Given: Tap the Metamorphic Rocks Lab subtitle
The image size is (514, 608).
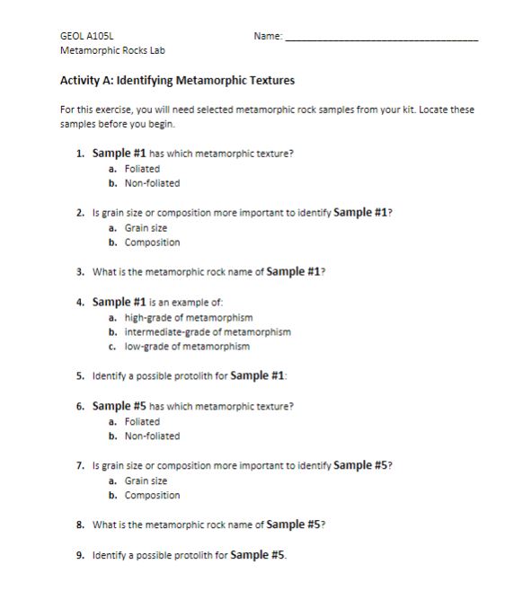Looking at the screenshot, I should point(112,50).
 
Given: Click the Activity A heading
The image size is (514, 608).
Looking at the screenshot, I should point(177,81).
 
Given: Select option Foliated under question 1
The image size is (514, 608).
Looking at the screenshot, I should point(142,168).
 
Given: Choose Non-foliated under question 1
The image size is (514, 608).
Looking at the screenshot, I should point(152,183).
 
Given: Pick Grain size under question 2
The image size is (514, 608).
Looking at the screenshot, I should point(146,228).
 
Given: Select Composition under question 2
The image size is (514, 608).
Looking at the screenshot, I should point(152,242).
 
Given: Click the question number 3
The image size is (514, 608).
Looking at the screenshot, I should point(80,271).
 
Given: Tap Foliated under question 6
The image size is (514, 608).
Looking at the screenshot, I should point(142,421).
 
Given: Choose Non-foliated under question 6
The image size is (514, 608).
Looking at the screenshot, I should point(152,436).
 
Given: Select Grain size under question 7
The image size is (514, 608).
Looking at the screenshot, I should point(146,480).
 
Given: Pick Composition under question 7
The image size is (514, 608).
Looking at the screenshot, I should point(152,496).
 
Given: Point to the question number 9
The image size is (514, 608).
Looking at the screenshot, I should point(80,555).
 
